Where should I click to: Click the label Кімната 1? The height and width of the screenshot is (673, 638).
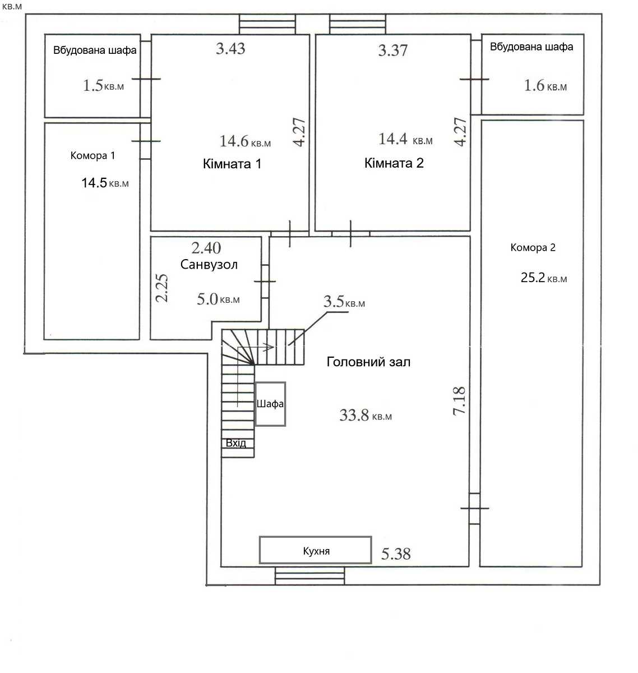[x=232, y=164]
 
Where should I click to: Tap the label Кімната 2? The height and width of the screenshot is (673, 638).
[x=394, y=163]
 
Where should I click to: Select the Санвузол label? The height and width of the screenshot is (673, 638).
[x=209, y=264]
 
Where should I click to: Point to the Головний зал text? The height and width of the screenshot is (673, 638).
[x=368, y=362]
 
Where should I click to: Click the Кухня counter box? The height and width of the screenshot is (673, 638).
[x=315, y=550]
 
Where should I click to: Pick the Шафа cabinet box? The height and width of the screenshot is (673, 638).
[x=270, y=404]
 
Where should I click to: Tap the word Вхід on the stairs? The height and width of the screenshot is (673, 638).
[x=236, y=443]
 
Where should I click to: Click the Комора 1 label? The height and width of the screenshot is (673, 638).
[x=93, y=155]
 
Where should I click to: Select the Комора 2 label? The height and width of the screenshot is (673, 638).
[x=533, y=247]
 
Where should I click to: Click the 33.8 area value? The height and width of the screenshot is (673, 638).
[x=354, y=415]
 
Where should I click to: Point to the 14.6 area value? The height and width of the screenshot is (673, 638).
[x=234, y=141]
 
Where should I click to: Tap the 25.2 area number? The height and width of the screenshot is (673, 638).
[x=533, y=277]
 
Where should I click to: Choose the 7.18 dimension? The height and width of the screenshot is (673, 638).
[x=459, y=401]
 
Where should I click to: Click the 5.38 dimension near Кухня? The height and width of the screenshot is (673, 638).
[x=396, y=554]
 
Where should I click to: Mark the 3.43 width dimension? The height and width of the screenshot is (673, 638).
[x=230, y=49]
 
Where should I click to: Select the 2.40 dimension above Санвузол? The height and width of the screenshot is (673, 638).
[x=206, y=248]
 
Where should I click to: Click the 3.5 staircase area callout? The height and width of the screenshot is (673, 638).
[x=334, y=301]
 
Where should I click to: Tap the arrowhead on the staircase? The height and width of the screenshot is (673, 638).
[x=270, y=348]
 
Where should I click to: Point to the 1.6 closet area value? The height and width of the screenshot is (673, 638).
[x=534, y=85]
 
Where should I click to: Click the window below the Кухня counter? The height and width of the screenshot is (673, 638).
[x=310, y=576]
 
